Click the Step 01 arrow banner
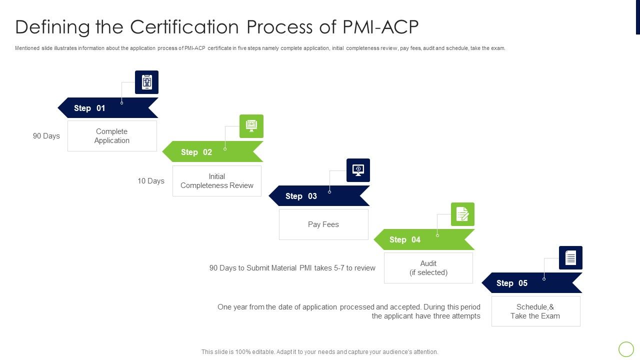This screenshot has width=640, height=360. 108,108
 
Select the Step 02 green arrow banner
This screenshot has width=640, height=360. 212,152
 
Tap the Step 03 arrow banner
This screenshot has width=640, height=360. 319,196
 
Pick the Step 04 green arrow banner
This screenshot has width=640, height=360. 424,239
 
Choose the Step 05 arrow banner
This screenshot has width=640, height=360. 531,283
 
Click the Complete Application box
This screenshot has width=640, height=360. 112,136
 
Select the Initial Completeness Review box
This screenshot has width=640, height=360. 217,181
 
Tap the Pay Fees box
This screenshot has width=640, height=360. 323,224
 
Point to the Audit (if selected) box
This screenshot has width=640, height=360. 428,268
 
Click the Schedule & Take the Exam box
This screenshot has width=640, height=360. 535,311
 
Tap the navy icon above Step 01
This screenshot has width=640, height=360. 146,82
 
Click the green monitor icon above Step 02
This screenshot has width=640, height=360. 251,126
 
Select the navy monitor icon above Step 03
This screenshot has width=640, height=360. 358,170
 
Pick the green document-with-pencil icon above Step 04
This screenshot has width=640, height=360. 462,214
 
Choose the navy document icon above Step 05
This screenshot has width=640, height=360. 570,258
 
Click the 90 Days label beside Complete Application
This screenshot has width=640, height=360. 46,136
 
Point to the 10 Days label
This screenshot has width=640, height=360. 151,181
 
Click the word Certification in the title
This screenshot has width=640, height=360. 185,27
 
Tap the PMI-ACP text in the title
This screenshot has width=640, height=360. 380,27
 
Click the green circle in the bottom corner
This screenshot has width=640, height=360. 626,349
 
